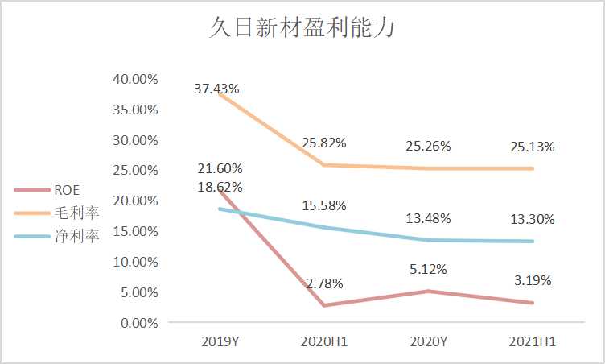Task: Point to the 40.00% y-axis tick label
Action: click(136, 79)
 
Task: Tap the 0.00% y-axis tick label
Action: click(139, 323)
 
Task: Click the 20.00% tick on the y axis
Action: click(136, 201)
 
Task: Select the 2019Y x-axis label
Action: click(220, 342)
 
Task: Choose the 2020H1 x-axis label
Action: click(324, 342)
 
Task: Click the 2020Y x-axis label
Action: click(428, 342)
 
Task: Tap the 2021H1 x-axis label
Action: click(532, 342)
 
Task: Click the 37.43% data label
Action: click(216, 89)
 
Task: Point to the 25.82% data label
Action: click(324, 143)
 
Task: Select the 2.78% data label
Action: click(324, 283)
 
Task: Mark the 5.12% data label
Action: click(428, 269)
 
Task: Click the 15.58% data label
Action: click(324, 206)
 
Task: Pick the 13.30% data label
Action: click(532, 220)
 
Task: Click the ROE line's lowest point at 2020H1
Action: click(324, 305)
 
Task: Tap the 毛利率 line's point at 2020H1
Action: click(324, 165)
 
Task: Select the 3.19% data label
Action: click(532, 281)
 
